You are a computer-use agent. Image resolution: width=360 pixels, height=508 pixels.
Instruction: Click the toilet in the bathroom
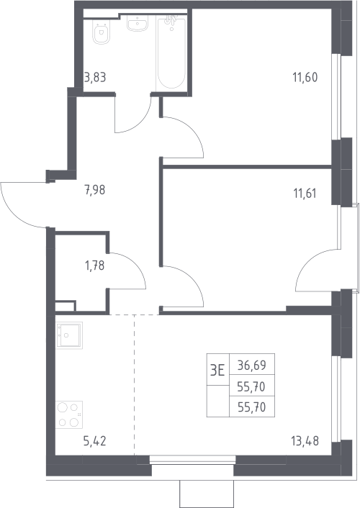tap(101, 32)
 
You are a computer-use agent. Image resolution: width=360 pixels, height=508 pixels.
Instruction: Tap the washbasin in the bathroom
tap(138, 23)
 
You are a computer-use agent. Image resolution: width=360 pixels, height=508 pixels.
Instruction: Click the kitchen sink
tap(69, 335)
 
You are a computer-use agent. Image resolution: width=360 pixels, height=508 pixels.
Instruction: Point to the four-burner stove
tap(68, 414)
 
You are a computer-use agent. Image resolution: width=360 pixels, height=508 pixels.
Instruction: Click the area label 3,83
tap(95, 78)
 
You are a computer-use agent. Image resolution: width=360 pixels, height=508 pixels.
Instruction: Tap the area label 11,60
tap(305, 78)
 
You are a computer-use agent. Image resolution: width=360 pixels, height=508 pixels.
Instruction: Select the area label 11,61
tap(305, 194)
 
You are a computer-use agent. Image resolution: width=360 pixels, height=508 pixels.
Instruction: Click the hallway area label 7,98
tap(95, 190)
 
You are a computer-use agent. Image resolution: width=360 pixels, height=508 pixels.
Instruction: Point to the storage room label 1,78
tap(95, 266)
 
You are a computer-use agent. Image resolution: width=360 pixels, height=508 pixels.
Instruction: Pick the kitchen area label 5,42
tap(95, 441)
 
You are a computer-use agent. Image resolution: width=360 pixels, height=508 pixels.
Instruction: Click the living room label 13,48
tap(305, 441)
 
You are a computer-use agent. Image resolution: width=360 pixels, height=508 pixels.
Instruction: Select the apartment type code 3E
tap(217, 370)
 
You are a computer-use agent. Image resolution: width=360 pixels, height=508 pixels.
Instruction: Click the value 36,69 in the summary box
tap(252, 366)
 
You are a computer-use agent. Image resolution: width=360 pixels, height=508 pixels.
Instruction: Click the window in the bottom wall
tap(193, 458)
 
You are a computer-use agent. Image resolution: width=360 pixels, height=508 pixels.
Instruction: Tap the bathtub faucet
tap(170, 20)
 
